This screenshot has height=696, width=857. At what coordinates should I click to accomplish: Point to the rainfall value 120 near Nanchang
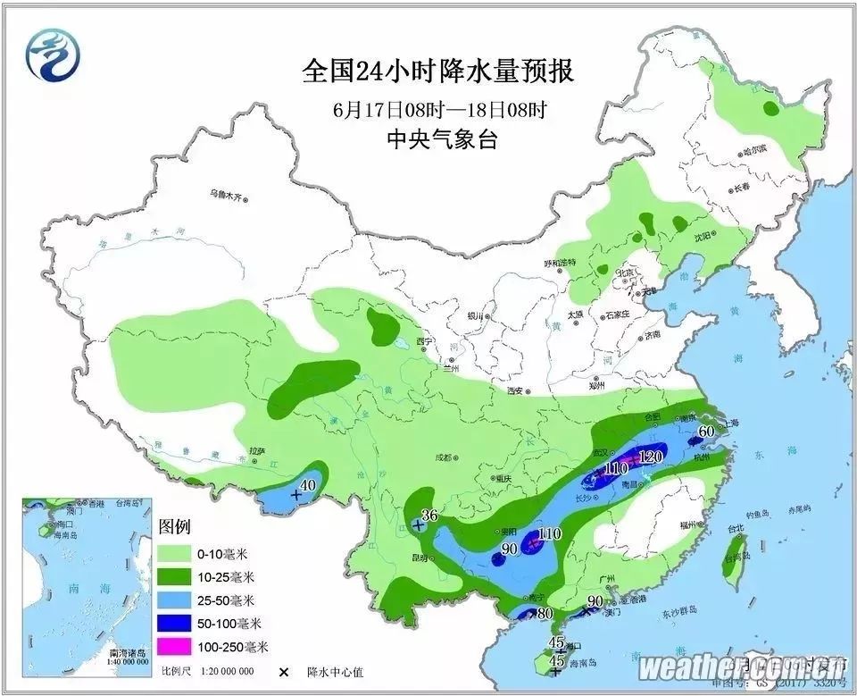(651, 457)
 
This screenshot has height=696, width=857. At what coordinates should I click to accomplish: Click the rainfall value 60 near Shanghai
(706, 432)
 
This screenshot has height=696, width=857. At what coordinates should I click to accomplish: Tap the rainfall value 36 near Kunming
(429, 516)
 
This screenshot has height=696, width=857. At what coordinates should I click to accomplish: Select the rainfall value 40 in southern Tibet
(309, 486)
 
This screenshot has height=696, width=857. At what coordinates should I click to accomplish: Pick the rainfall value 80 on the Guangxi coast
(545, 614)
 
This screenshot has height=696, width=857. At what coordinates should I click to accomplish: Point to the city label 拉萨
(259, 452)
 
